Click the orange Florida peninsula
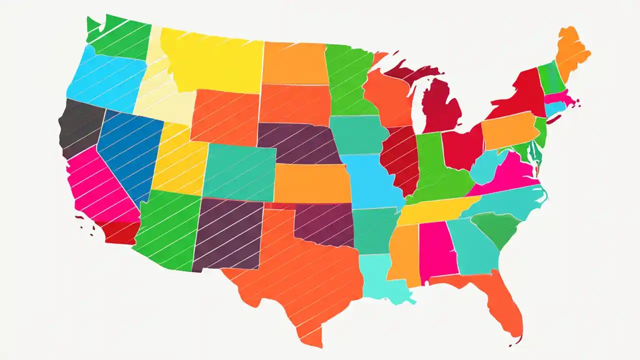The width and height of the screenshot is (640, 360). point(500,300)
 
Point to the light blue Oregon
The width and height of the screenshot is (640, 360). point(105,80)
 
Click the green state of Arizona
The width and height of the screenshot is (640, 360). point(167,227)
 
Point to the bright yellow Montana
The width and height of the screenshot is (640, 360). point(215,60)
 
